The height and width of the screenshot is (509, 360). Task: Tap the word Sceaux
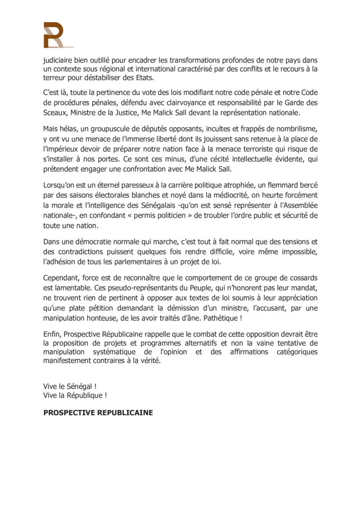55,112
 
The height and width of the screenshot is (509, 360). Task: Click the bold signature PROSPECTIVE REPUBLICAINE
98,413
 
